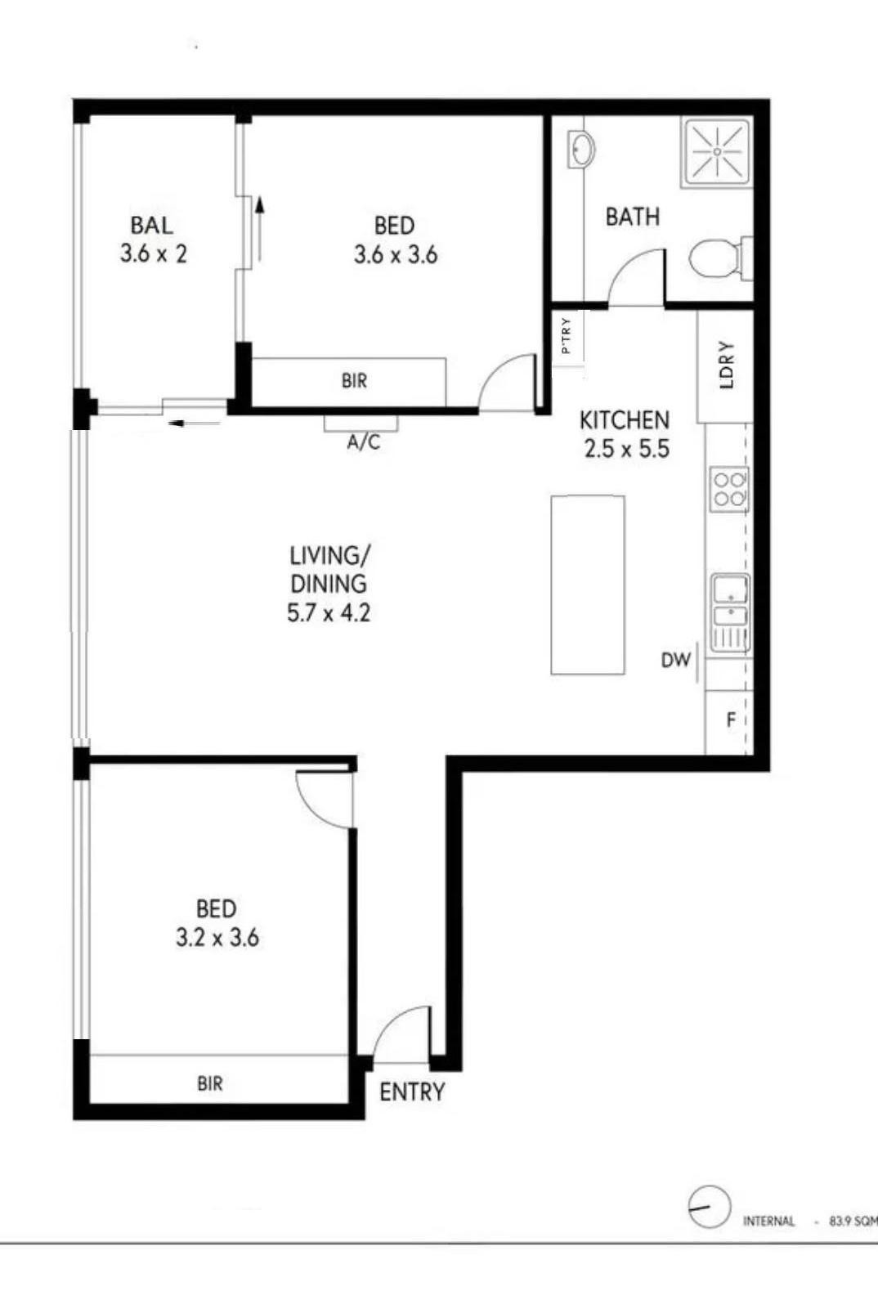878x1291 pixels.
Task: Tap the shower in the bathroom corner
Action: pos(717,152)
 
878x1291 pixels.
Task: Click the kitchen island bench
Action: pos(588,585)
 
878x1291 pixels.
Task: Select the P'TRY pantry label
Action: pos(567,336)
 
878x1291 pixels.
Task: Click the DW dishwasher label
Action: pos(675,660)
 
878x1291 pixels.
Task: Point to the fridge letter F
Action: pos(731,719)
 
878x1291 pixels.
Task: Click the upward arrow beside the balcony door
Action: pos(261,228)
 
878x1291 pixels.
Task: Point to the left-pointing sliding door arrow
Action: pos(195,424)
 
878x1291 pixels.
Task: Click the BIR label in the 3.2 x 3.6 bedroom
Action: pos(210,1083)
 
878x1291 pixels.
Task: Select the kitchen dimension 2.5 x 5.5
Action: pos(627,448)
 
